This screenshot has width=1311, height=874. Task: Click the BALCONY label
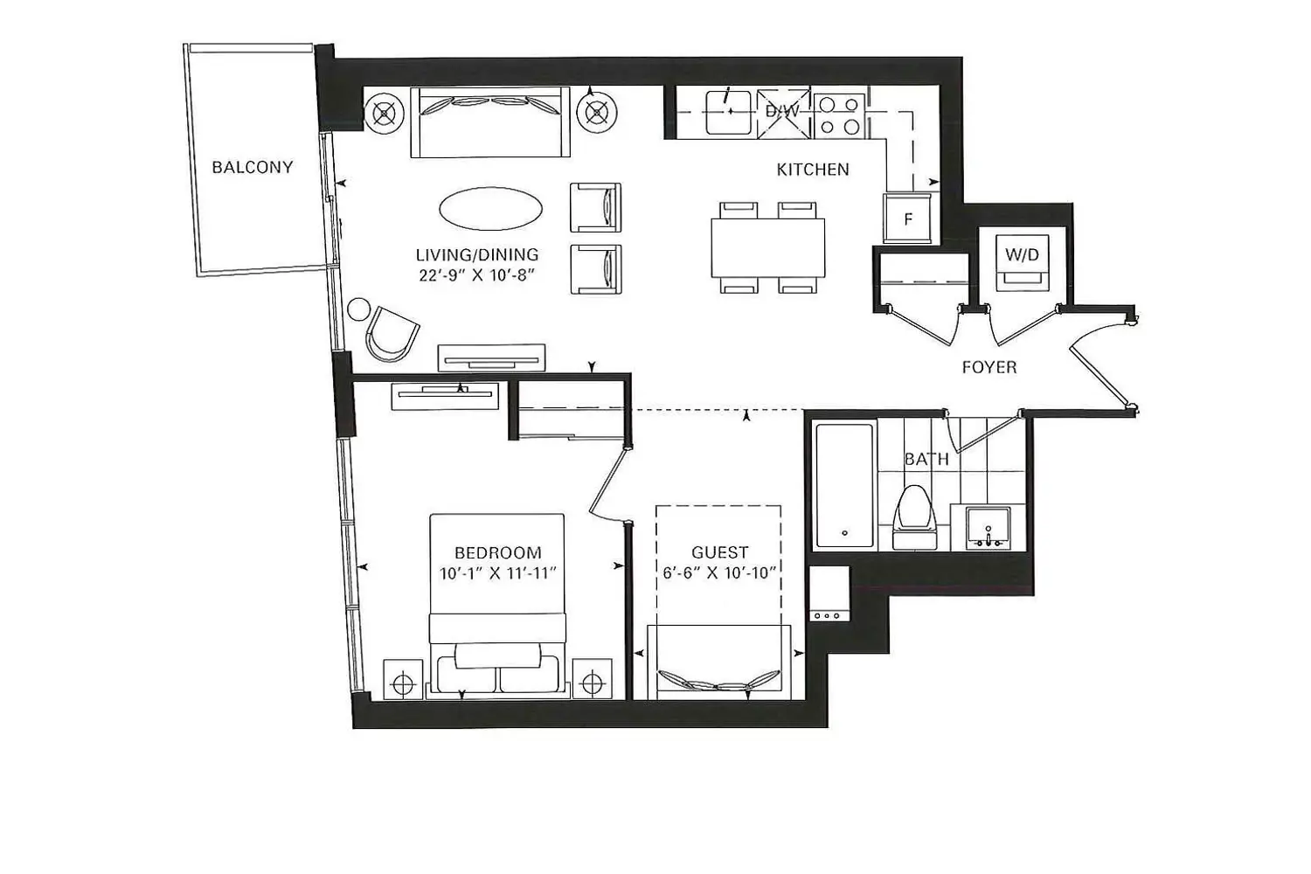pyautogui.click(x=253, y=168)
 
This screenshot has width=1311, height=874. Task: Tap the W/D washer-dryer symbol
pyautogui.click(x=1022, y=262)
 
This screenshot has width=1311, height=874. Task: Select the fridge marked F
pyautogui.click(x=907, y=218)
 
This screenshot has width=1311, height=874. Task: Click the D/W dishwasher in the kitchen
pyautogui.click(x=783, y=114)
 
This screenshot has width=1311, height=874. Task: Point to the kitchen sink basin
pyautogui.click(x=728, y=113)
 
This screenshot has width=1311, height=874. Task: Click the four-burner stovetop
pyautogui.click(x=839, y=114)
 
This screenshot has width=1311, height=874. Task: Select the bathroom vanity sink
pyautogui.click(x=988, y=528)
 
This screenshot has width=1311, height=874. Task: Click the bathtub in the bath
pyautogui.click(x=844, y=485)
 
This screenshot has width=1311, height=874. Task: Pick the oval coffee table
pyautogui.click(x=490, y=209)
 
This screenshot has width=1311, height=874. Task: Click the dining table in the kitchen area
pyautogui.click(x=768, y=247)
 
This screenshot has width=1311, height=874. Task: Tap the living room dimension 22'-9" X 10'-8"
pyautogui.click(x=477, y=275)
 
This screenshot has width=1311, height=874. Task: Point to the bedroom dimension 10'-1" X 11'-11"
pyautogui.click(x=497, y=573)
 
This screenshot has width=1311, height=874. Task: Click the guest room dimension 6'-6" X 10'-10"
pyautogui.click(x=719, y=572)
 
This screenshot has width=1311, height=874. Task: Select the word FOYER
pyautogui.click(x=989, y=368)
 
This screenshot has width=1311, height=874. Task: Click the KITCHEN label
pyautogui.click(x=812, y=170)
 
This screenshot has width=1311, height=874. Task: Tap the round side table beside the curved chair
pyautogui.click(x=358, y=309)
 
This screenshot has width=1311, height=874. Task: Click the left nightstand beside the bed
pyautogui.click(x=403, y=679)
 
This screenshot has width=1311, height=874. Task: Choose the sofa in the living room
pyautogui.click(x=490, y=122)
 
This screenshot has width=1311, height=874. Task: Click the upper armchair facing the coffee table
pyautogui.click(x=596, y=207)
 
